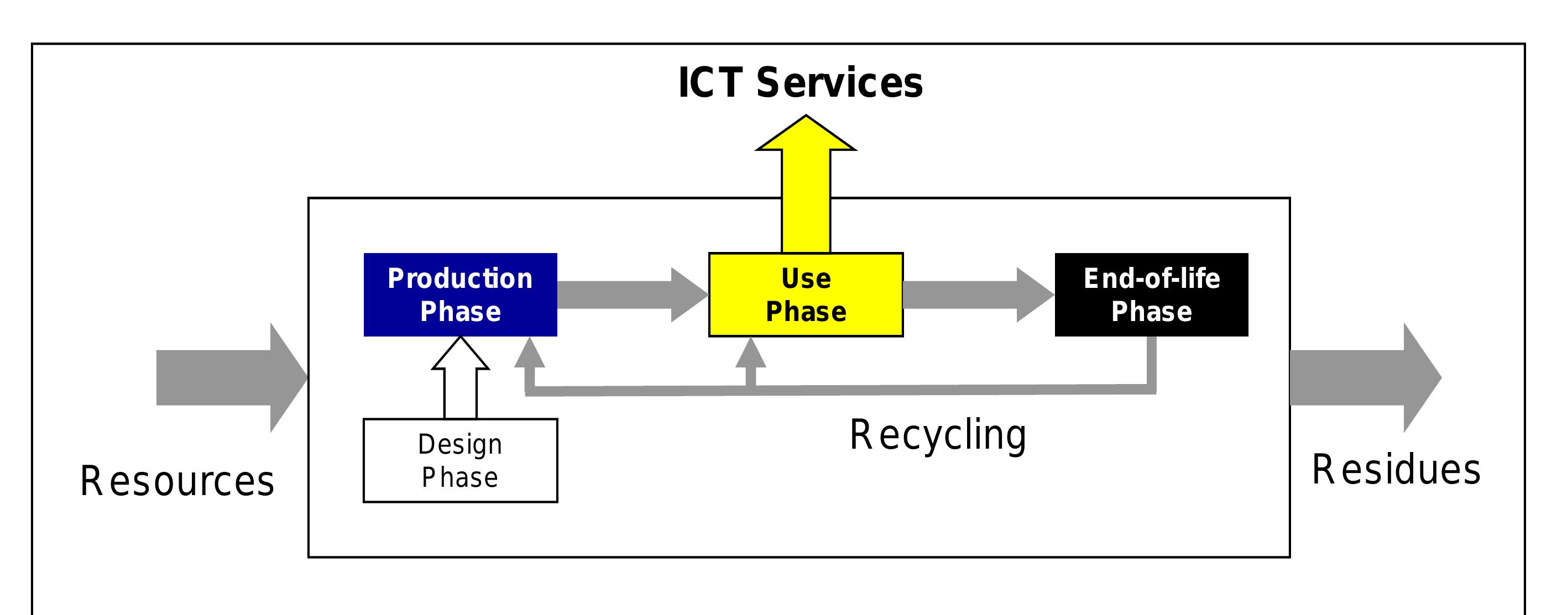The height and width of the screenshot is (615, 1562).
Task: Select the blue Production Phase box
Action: [x=460, y=295]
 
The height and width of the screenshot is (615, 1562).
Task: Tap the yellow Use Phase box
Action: [x=806, y=295]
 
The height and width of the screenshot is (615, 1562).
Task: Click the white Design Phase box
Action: [x=460, y=460]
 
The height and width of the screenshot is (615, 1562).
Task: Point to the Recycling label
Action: [x=938, y=435]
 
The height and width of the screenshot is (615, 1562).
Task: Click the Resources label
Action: [x=177, y=481]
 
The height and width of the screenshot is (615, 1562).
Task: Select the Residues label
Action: [x=1396, y=470]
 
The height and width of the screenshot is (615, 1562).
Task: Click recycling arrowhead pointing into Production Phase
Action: [x=529, y=354]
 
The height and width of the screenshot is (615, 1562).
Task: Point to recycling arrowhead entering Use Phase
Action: [x=751, y=354]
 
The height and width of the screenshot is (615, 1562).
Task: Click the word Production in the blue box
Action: [x=460, y=278]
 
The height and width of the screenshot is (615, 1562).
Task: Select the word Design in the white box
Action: [x=460, y=445]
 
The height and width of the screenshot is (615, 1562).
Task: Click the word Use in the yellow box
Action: [x=806, y=278]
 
